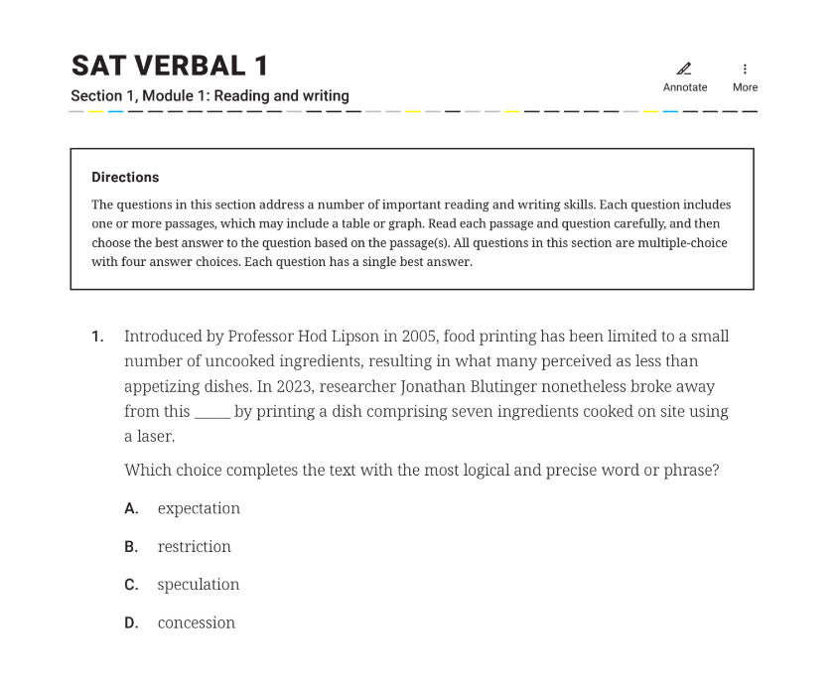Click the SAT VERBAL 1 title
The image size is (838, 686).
(170, 67)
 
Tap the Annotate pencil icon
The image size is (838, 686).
(684, 69)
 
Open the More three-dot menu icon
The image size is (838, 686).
(745, 69)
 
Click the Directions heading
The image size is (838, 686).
(125, 177)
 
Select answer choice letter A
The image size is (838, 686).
(131, 508)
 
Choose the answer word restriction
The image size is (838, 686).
(194, 547)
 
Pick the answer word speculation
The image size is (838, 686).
(199, 585)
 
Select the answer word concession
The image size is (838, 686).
(197, 622)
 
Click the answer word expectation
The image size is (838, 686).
(199, 508)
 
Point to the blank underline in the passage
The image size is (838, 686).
(211, 412)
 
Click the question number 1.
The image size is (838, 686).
(97, 337)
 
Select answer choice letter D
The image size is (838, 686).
(131, 622)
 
